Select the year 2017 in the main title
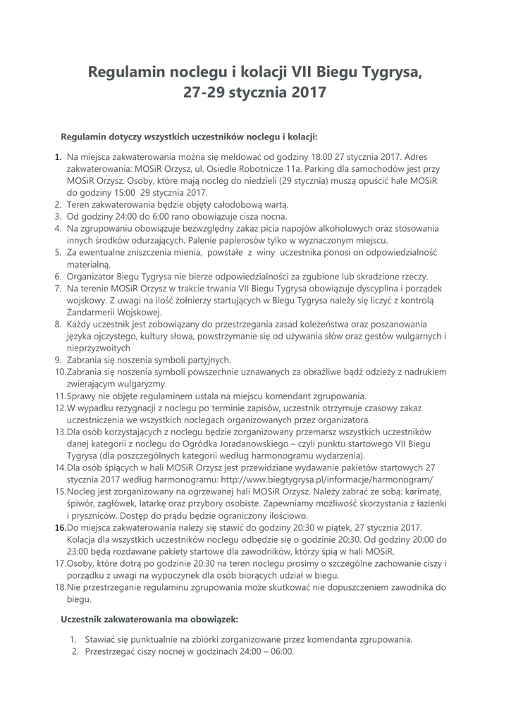coord(306,92)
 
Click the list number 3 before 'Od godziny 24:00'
coord(58,216)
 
